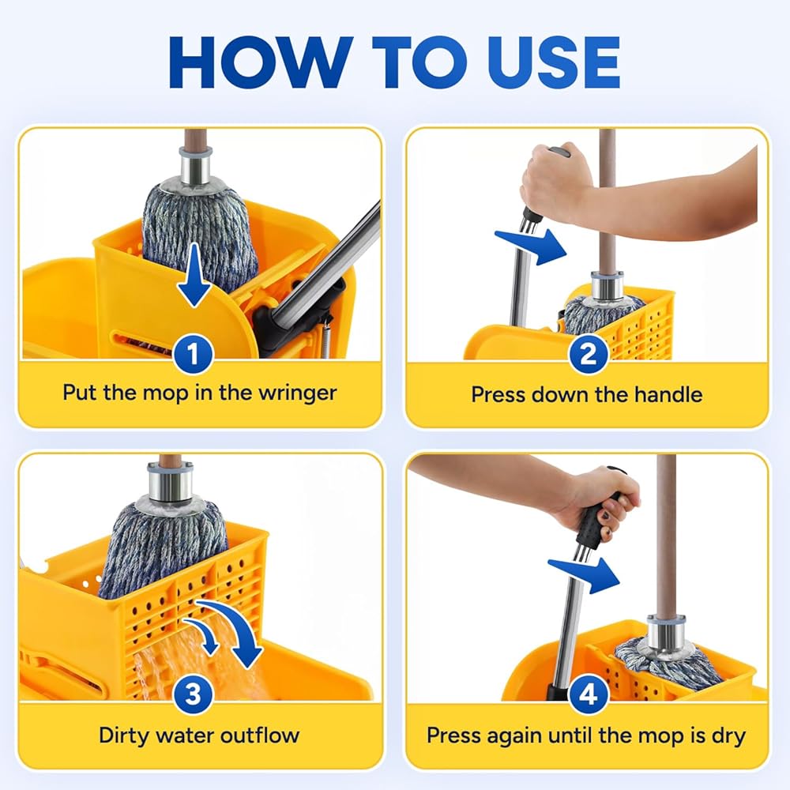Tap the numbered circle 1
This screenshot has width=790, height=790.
[194, 354]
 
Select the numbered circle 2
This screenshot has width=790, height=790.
[588, 355]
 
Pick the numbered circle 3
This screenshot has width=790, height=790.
[194, 694]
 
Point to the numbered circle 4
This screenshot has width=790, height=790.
[588, 694]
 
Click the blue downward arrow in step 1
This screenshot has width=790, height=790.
[194, 275]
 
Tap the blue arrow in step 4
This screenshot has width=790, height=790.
[585, 575]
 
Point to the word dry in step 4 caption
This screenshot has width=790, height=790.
[728, 736]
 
